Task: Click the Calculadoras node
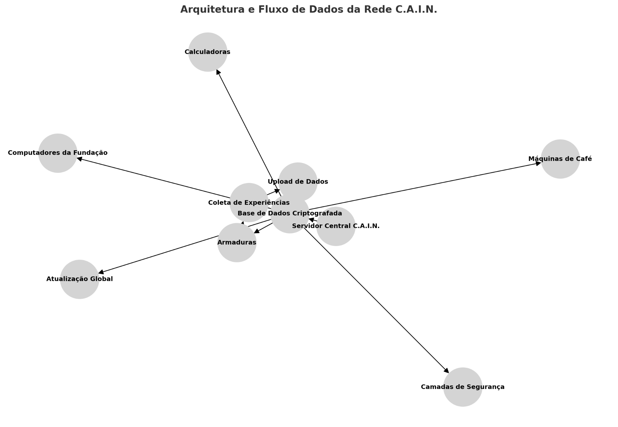[208, 52]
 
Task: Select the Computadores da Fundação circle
[58, 153]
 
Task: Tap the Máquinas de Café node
[560, 159]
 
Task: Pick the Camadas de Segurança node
[463, 387]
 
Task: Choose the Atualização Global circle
[80, 279]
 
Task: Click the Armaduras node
[237, 242]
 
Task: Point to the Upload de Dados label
[298, 182]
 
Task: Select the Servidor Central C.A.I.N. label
[336, 226]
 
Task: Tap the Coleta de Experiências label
[249, 203]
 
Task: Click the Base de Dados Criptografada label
[290, 213]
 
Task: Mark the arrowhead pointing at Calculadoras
[218, 72]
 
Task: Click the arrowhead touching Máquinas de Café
[538, 163]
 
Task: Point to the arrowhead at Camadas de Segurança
[446, 371]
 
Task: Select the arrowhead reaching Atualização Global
[101, 273]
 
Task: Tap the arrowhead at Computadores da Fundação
[79, 158]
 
